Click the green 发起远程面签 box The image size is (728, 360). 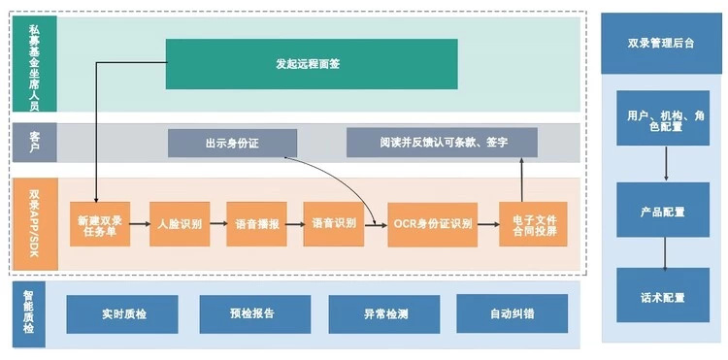click(x=312, y=64)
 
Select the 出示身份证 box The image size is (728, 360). click(x=232, y=144)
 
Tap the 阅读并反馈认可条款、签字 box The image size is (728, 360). click(x=442, y=143)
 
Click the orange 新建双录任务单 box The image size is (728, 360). click(x=100, y=224)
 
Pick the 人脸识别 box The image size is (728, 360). click(x=180, y=224)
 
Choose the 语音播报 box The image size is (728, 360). click(x=256, y=224)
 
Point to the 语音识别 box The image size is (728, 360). click(x=333, y=224)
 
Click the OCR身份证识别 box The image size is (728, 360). click(x=433, y=224)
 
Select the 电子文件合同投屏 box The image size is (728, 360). click(x=534, y=224)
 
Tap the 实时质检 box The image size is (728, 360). click(x=122, y=314)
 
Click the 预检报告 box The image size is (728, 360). click(x=255, y=314)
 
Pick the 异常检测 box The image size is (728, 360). click(x=384, y=314)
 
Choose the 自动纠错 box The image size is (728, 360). click(x=513, y=313)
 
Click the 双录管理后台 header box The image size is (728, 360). click(x=662, y=43)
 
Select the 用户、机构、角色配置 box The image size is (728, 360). click(x=663, y=117)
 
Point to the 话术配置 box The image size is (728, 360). click(x=663, y=295)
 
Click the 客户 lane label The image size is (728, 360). click(x=35, y=143)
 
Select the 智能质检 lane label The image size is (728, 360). click(x=29, y=314)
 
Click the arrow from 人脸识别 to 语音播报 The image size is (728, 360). click(x=218, y=223)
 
